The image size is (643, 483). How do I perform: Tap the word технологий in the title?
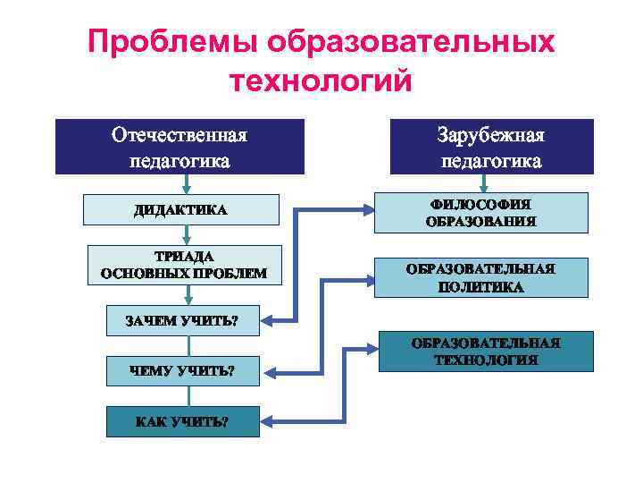click(x=321, y=81)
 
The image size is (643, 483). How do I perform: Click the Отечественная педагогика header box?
click(x=180, y=147)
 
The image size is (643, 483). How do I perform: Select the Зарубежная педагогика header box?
click(x=491, y=147)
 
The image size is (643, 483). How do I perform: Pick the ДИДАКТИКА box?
click(x=180, y=210)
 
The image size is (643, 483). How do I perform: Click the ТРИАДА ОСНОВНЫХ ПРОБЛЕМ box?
click(x=184, y=265)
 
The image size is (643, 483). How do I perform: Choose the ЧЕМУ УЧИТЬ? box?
click(x=182, y=369)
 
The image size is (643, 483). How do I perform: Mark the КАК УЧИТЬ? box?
click(x=182, y=422)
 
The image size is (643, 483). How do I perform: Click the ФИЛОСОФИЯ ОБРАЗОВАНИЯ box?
click(x=480, y=213)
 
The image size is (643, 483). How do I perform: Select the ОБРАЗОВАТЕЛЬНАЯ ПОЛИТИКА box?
click(x=480, y=278)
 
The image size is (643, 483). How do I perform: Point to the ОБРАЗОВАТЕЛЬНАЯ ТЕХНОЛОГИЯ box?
click(x=486, y=352)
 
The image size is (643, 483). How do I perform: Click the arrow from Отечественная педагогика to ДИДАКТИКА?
click(x=186, y=184)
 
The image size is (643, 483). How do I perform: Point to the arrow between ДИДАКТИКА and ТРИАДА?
click(x=186, y=234)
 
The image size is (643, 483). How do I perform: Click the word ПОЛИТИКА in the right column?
click(x=480, y=288)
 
